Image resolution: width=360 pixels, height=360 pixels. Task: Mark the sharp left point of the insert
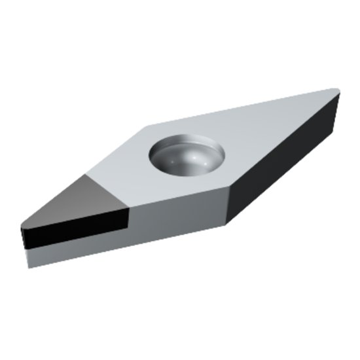pyautogui.click(x=22, y=228)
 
